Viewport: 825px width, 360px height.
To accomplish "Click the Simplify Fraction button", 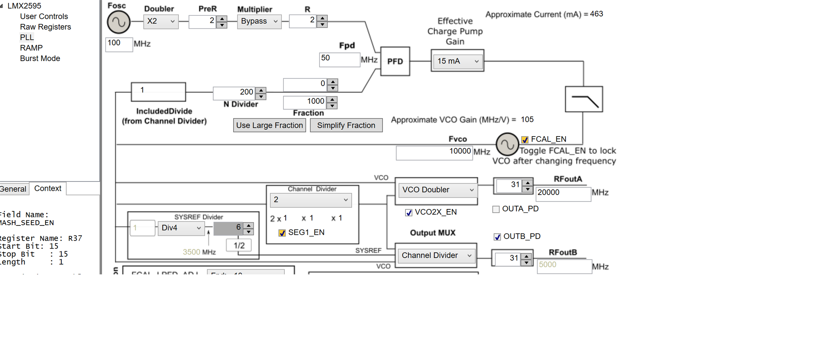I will tap(346, 125).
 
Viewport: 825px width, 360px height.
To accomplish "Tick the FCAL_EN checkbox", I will tap(525, 140).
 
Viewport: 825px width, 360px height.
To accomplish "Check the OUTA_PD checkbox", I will tap(496, 209).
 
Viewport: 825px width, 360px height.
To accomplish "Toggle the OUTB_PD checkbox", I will tap(497, 237).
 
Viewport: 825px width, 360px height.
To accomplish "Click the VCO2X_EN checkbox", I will tap(409, 213).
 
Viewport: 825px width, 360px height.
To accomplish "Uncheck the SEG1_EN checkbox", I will tap(282, 233).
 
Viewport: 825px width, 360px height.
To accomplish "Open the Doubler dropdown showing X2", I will tap(161, 21).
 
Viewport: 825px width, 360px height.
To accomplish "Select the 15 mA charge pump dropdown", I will tap(457, 61).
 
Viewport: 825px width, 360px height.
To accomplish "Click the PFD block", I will tap(395, 61).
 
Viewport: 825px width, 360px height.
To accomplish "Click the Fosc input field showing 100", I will tap(119, 44).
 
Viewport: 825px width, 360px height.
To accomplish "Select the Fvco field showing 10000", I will tap(434, 152).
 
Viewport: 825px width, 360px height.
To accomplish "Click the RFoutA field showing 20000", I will tap(563, 194).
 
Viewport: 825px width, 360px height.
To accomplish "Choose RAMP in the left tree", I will tap(31, 48).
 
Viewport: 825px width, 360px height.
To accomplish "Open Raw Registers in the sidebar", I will tap(45, 27).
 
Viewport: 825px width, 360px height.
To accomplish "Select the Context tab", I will tap(48, 189).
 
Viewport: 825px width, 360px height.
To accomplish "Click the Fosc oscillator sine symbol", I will tap(119, 22).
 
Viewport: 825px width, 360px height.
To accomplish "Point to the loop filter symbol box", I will tap(584, 99).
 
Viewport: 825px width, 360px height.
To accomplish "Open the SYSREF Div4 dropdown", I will tap(181, 228).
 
